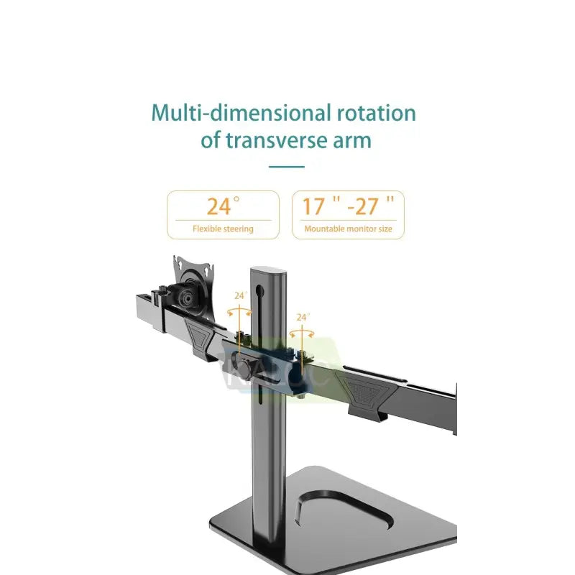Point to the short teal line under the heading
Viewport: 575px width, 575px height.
click(286, 166)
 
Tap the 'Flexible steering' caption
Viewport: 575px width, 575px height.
click(223, 229)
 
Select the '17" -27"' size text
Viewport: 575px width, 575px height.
click(348, 206)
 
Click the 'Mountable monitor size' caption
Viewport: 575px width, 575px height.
click(348, 229)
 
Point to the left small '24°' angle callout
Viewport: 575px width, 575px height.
click(240, 295)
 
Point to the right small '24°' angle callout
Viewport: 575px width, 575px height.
click(303, 317)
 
